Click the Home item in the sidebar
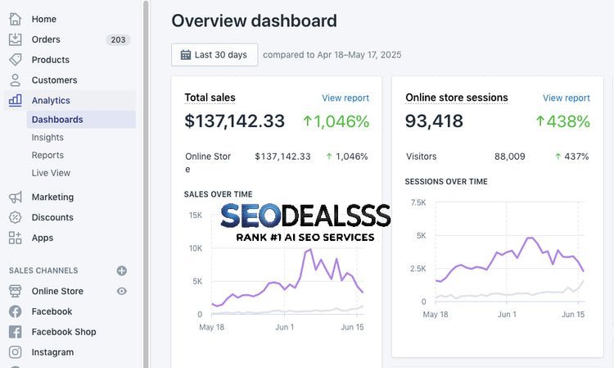click(43, 19)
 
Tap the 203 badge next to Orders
click(118, 39)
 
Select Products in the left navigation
click(50, 60)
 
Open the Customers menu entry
click(54, 80)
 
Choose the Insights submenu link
click(47, 138)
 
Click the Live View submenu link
click(51, 173)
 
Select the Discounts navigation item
click(52, 217)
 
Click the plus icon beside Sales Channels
click(122, 270)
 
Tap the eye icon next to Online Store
click(122, 291)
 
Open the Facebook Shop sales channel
click(63, 332)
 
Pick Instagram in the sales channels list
click(52, 352)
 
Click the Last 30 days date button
click(214, 55)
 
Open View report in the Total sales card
click(345, 98)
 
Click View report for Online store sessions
click(567, 98)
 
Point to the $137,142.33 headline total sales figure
click(235, 121)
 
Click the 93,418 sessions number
click(434, 121)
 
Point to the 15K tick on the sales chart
click(195, 216)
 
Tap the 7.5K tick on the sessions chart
click(418, 202)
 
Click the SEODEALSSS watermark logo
click(305, 217)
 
